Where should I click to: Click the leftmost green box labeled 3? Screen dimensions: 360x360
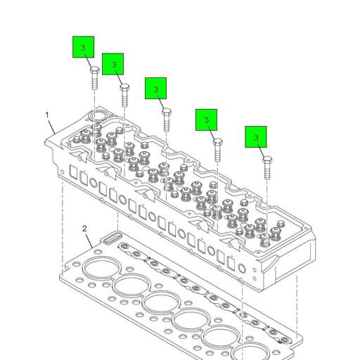(x=84, y=48)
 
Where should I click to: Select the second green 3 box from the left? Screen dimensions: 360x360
(x=113, y=64)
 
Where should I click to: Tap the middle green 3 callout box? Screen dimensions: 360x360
(x=155, y=88)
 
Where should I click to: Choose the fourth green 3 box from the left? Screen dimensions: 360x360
(x=206, y=120)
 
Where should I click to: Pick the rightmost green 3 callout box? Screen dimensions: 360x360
(x=257, y=136)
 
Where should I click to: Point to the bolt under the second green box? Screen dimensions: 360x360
(x=124, y=94)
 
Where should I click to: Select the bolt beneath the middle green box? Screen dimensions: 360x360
(x=167, y=119)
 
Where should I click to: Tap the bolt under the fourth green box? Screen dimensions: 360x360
(x=217, y=150)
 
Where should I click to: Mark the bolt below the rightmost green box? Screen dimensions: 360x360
(x=267, y=167)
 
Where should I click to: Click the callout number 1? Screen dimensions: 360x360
(x=49, y=114)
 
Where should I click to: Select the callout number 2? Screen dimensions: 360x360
(x=84, y=229)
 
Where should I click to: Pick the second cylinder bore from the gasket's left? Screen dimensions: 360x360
(x=129, y=285)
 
